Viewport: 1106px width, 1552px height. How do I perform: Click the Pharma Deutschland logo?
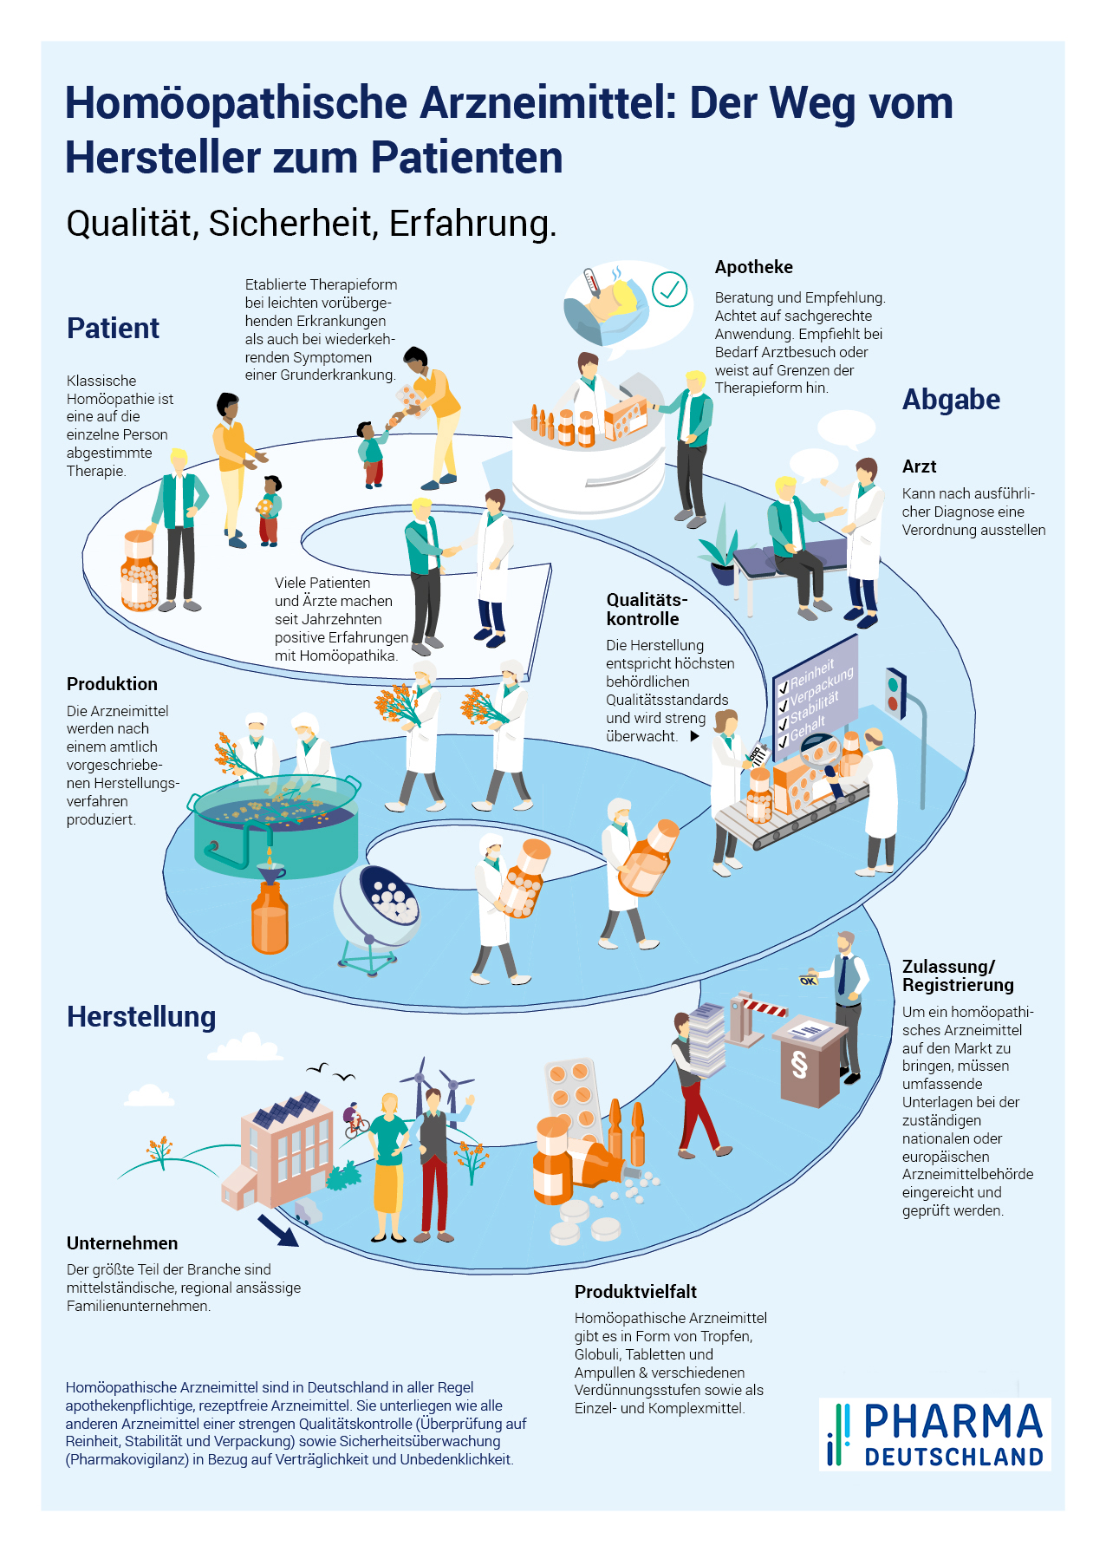pyautogui.click(x=935, y=1433)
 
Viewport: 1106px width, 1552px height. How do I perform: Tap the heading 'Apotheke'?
pyautogui.click(x=753, y=267)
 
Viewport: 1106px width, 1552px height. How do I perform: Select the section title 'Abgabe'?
pyautogui.click(x=951, y=399)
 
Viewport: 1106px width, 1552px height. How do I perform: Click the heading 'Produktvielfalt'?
pyautogui.click(x=635, y=1291)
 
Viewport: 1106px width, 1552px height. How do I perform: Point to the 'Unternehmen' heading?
pyautogui.click(x=122, y=1242)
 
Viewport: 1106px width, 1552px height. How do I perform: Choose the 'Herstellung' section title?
pyautogui.click(x=141, y=1016)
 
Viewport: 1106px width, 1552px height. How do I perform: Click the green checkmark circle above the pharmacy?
pyautogui.click(x=669, y=290)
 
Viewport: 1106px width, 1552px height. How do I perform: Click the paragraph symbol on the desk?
pyautogui.click(x=799, y=1064)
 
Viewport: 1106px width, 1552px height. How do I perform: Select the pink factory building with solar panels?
pyautogui.click(x=282, y=1144)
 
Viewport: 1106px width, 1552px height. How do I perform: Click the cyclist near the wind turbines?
pyautogui.click(x=354, y=1120)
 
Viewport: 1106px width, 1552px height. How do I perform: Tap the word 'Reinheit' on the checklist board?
pyautogui.click(x=811, y=672)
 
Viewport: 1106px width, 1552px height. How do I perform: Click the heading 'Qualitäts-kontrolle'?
pyautogui.click(x=646, y=609)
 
